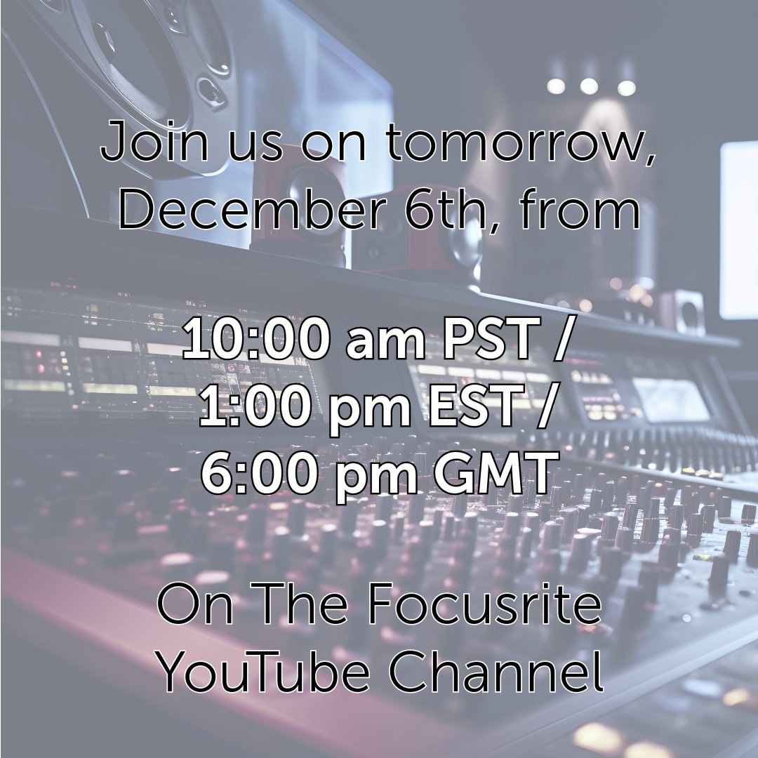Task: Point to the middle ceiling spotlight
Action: coord(589,86)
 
